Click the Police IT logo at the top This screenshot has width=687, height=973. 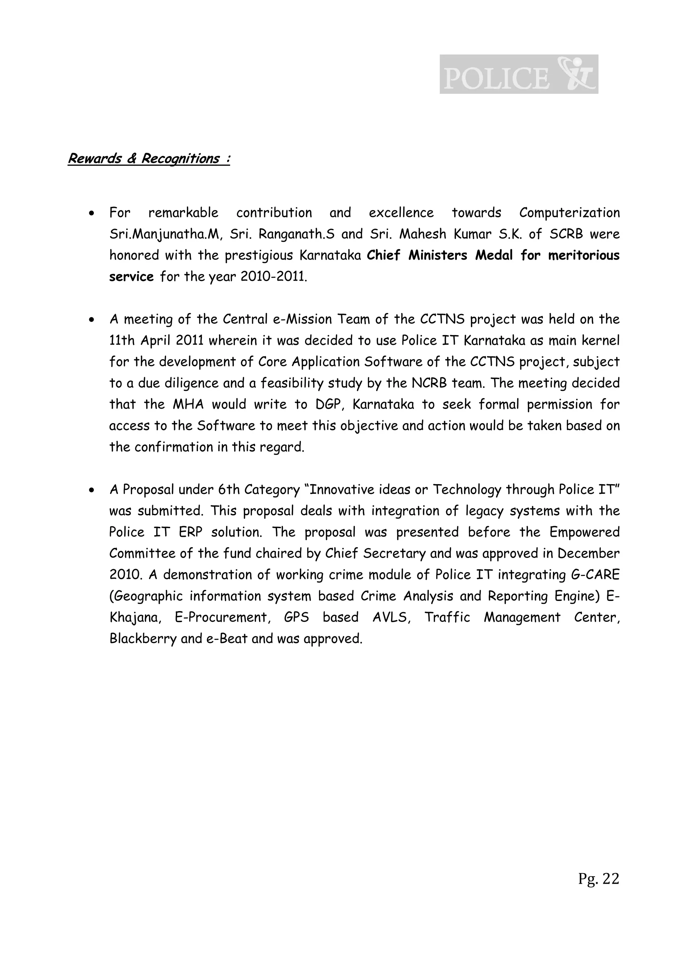pyautogui.click(x=519, y=74)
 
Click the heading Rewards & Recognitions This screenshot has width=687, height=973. pyautogui.click(x=149, y=158)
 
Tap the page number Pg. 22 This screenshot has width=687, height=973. pyautogui.click(x=598, y=879)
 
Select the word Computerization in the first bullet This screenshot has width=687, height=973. pyautogui.click(x=569, y=213)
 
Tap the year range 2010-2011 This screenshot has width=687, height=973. pyautogui.click(x=273, y=277)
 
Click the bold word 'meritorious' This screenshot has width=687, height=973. pyautogui.click(x=584, y=256)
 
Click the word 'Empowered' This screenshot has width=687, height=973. pyautogui.click(x=585, y=532)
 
